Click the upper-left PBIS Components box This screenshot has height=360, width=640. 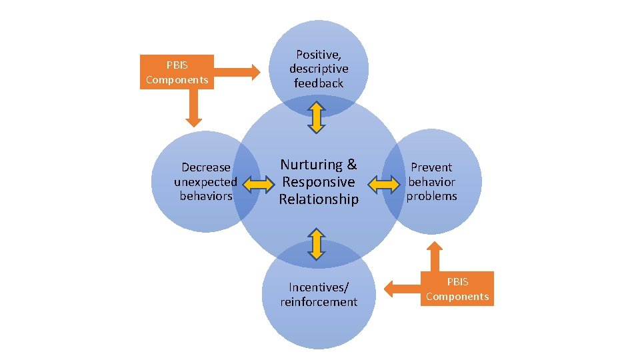pyautogui.click(x=177, y=72)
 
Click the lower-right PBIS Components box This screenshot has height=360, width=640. pyautogui.click(x=457, y=289)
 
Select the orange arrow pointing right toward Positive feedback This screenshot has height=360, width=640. pyautogui.click(x=237, y=71)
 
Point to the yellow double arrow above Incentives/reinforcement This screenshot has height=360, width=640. pyautogui.click(x=317, y=243)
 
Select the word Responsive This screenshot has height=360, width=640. pyautogui.click(x=319, y=181)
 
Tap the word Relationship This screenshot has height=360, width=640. pyautogui.click(x=319, y=199)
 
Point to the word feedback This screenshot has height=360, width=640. pyautogui.click(x=319, y=83)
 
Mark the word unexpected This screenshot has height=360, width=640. pyautogui.click(x=206, y=181)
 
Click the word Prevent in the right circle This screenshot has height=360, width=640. pyautogui.click(x=431, y=167)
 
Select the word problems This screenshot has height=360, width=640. pyautogui.click(x=432, y=196)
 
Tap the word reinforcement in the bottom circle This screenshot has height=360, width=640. pyautogui.click(x=319, y=302)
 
